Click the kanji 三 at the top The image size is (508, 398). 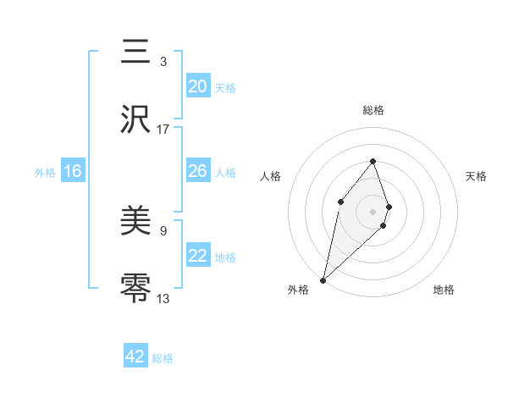(x=137, y=53)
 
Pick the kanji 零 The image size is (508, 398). (x=137, y=289)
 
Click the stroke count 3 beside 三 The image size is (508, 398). (x=163, y=62)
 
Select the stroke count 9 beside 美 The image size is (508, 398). (x=163, y=230)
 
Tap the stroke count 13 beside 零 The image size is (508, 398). (x=163, y=298)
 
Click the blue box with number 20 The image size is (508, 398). (x=198, y=86)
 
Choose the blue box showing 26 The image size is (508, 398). (x=198, y=171)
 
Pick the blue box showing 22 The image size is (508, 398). (x=198, y=256)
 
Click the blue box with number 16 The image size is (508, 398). (x=73, y=171)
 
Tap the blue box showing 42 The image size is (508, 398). (x=135, y=357)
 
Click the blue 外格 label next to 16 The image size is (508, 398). (x=45, y=172)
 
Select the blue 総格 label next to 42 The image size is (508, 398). (x=163, y=358)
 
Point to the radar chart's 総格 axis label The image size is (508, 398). (x=373, y=111)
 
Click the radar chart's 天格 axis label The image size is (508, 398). (x=476, y=176)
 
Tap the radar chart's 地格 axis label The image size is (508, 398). (x=444, y=290)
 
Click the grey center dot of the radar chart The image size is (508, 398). (x=373, y=212)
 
